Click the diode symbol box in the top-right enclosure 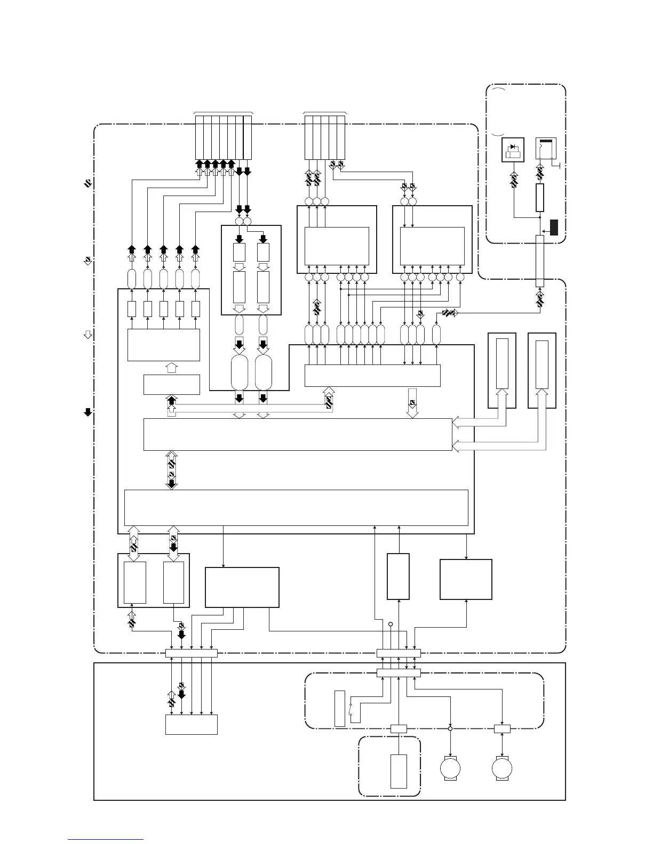(513, 150)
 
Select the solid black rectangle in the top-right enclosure (554, 227)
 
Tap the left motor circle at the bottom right (450, 769)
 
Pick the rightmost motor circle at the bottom (502, 769)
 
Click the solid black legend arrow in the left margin (88, 411)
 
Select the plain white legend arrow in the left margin (88, 335)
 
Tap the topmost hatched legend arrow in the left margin (88, 184)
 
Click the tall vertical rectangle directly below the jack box (539, 198)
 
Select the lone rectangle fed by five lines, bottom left (192, 725)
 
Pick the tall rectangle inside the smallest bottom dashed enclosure (399, 771)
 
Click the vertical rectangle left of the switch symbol (340, 708)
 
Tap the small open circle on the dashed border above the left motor (450, 728)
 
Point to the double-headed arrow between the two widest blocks (171, 469)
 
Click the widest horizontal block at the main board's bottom (296, 508)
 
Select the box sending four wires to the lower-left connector (242, 587)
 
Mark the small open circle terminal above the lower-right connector (391, 624)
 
